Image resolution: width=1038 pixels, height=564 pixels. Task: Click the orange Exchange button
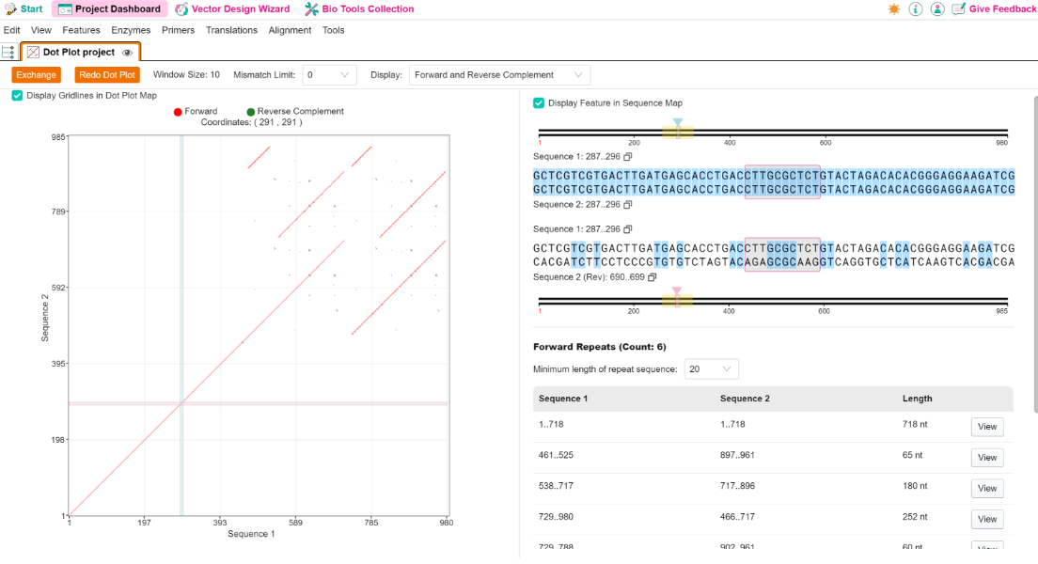[37, 75]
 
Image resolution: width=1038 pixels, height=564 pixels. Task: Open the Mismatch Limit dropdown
[329, 75]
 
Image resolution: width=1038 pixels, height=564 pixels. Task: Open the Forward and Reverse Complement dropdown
[499, 75]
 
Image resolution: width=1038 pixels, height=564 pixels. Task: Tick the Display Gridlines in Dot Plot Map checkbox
[17, 95]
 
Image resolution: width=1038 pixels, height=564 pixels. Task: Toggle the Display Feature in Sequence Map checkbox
[539, 102]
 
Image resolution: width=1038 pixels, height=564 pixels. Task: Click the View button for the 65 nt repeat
[987, 458]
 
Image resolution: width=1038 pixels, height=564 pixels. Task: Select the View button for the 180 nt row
[987, 489]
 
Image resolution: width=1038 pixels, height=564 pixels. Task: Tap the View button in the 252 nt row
[987, 519]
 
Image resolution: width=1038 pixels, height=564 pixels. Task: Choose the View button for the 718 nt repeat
[987, 427]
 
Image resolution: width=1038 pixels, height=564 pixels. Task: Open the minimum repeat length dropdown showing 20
[711, 368]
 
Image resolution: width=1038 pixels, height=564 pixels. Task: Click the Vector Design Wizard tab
[232, 9]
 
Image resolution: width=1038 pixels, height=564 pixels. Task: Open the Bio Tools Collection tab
[359, 9]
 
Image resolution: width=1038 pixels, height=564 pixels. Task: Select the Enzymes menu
[131, 30]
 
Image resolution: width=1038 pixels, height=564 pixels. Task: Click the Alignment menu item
[290, 30]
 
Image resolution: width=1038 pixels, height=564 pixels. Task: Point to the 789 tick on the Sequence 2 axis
[59, 211]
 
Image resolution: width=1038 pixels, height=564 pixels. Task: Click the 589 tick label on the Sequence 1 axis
[295, 523]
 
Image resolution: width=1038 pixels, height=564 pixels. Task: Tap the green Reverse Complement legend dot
[251, 112]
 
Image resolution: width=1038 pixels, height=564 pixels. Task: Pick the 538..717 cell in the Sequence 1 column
[556, 486]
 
